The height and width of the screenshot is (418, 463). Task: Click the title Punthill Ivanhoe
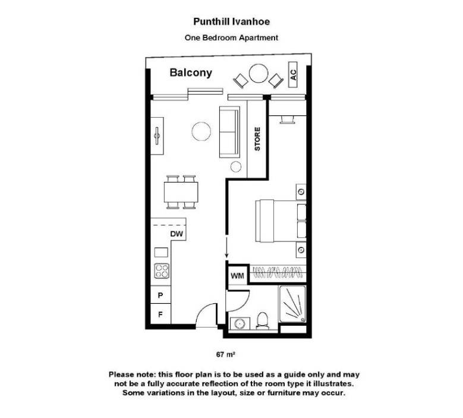click(232, 21)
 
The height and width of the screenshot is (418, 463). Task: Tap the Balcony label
click(191, 73)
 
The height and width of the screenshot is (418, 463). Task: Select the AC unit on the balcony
click(292, 75)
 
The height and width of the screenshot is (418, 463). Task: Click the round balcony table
click(259, 74)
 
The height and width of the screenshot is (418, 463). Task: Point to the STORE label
click(257, 139)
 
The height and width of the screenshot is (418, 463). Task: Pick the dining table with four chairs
click(181, 191)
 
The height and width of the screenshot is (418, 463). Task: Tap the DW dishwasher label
click(176, 234)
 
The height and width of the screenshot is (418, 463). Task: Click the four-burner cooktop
click(162, 271)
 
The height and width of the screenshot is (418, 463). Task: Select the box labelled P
click(160, 295)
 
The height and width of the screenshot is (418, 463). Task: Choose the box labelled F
click(160, 314)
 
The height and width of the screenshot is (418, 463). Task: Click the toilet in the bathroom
click(263, 320)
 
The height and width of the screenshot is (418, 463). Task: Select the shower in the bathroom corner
click(292, 304)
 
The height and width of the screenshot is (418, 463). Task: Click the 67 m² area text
click(226, 355)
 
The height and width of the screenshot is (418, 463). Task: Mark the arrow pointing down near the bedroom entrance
click(226, 247)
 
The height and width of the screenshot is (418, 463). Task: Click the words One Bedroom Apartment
click(232, 38)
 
